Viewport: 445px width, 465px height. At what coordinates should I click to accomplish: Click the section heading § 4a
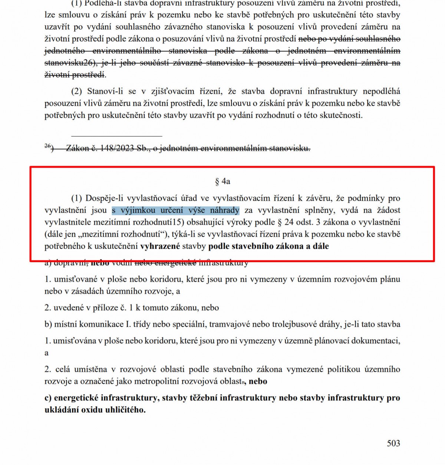click(x=222, y=181)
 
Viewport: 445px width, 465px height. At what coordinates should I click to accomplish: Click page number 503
click(x=393, y=443)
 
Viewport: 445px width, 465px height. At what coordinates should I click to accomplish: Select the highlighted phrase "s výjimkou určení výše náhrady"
click(x=175, y=210)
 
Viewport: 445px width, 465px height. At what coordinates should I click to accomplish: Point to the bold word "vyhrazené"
click(x=160, y=246)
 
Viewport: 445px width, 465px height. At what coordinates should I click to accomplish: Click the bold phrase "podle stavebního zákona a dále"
click(x=268, y=246)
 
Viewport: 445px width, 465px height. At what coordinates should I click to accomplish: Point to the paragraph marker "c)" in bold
click(x=48, y=398)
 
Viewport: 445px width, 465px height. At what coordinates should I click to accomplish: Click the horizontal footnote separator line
click(x=116, y=136)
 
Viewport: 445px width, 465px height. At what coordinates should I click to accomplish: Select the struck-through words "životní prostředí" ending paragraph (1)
click(x=75, y=75)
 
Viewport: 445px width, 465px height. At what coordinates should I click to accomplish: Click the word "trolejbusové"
click(x=295, y=324)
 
